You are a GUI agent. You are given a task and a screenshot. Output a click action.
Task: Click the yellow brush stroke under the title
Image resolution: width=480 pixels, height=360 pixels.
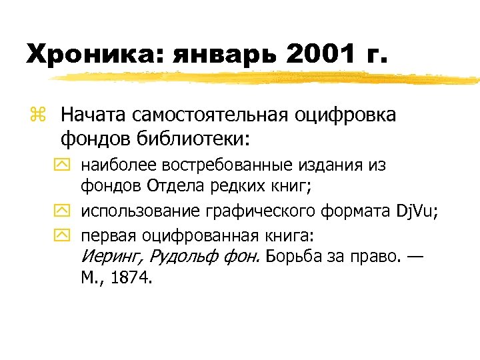point(267,78)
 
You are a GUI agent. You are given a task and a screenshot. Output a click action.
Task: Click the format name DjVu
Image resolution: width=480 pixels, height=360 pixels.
point(414,212)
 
